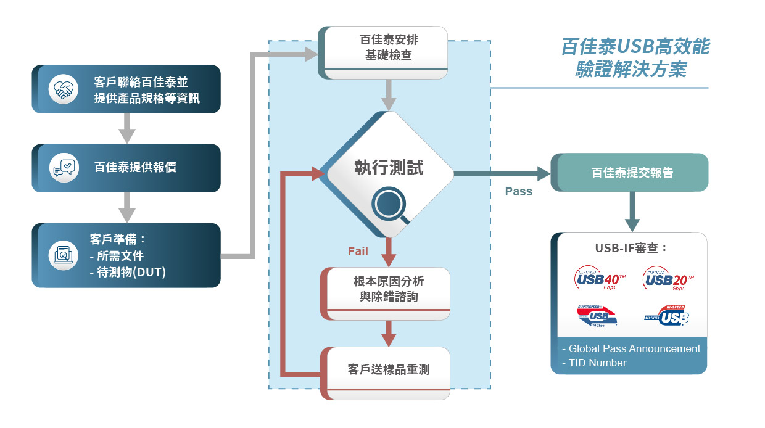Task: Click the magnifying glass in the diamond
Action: [392, 205]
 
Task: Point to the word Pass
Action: [518, 191]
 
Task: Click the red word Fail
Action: [358, 251]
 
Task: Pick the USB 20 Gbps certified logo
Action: [667, 279]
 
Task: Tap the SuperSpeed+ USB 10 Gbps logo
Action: [597, 316]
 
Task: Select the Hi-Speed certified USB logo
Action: [667, 316]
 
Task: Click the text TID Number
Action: [594, 363]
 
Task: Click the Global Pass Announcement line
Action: [632, 348]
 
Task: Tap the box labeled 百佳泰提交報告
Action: [632, 173]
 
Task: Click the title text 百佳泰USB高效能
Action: [635, 46]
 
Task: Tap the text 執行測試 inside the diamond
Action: [389, 167]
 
